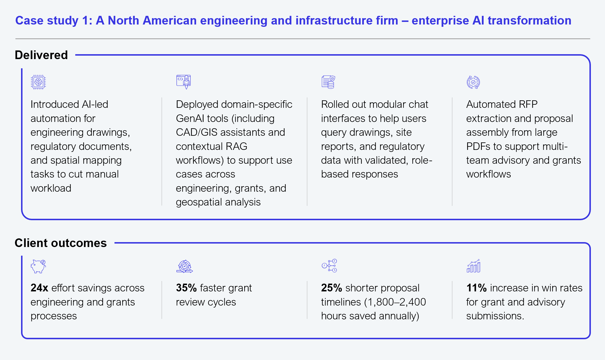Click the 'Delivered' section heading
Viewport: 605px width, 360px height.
coord(41,55)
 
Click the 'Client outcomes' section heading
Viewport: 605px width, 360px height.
coord(61,243)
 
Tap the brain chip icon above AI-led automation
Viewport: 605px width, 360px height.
coord(38,82)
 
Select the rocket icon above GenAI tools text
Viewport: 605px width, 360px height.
coord(184,82)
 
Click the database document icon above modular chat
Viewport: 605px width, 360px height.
coord(328,82)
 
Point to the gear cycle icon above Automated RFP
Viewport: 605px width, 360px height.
coord(473,82)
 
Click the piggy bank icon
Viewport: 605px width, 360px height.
coord(38,266)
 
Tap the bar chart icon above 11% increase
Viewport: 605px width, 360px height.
coord(474,266)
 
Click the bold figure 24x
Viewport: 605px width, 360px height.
coord(39,288)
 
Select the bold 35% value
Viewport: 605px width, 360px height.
coord(186,288)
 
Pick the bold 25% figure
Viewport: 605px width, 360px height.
coord(331,288)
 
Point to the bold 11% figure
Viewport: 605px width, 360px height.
coord(476,288)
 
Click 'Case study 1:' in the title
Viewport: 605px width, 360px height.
coord(54,21)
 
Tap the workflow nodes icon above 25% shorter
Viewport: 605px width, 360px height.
coord(329,266)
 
